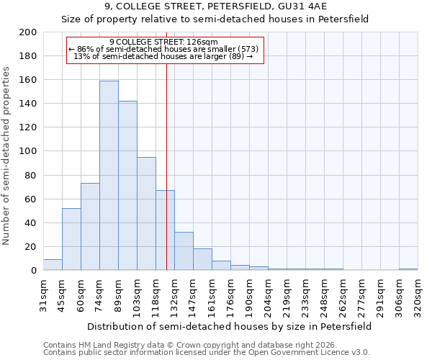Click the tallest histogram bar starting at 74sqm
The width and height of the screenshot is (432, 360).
(x=109, y=176)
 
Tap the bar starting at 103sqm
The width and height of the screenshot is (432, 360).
(x=146, y=214)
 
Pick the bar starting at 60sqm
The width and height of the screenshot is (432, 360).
(x=90, y=227)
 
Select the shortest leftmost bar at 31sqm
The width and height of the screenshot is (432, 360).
(x=53, y=265)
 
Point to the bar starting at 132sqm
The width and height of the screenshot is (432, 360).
(x=184, y=251)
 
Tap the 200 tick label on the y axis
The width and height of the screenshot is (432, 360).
(x=28, y=32)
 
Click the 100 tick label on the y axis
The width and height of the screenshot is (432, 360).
(x=28, y=151)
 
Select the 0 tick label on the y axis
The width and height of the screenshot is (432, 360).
(x=33, y=271)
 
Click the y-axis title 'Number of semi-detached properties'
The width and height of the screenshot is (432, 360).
(x=7, y=155)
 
